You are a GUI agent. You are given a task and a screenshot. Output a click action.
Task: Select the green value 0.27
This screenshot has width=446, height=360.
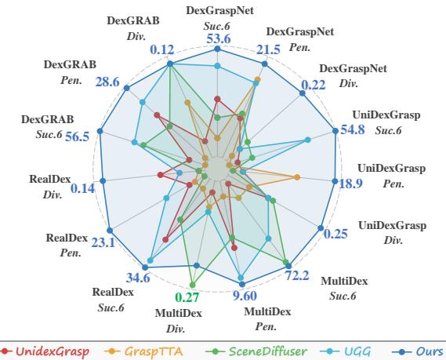[189, 297]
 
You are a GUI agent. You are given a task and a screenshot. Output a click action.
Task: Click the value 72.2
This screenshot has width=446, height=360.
[299, 275]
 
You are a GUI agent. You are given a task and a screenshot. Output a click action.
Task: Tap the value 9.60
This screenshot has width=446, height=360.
[245, 295]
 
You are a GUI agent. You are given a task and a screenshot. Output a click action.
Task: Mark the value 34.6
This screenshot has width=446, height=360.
[138, 277]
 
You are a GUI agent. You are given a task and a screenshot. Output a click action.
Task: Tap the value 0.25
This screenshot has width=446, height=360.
[335, 234]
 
